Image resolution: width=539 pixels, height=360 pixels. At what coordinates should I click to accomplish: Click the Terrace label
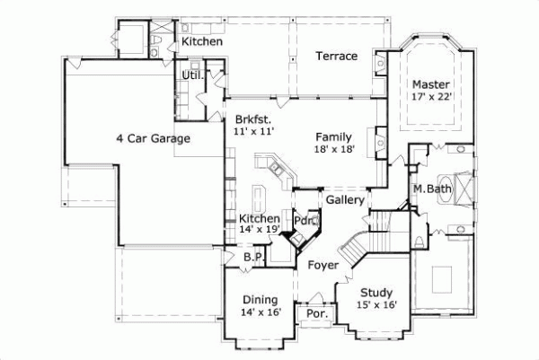pos(336,57)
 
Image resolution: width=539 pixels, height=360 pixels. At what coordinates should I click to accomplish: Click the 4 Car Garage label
pos(153,138)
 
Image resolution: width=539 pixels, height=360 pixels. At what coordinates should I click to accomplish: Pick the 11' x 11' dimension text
pos(252,131)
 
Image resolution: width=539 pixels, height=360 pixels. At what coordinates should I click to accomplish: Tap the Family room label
pos(332,136)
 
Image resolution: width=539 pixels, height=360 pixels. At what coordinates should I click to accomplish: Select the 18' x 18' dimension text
pos(333,150)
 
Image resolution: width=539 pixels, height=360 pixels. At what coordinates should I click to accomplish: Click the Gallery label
pos(344,199)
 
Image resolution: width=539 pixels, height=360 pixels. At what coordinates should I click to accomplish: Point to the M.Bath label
pos(431,189)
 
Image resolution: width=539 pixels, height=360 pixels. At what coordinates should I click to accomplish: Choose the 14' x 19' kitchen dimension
pos(260,231)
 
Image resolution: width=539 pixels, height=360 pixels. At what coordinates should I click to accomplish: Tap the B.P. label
pos(253,258)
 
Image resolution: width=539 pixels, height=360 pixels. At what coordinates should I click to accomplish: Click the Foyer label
pos(323,265)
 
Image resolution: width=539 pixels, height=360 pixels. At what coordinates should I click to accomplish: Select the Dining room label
pos(261,300)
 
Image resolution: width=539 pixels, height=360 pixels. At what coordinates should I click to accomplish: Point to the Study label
pos(376,293)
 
